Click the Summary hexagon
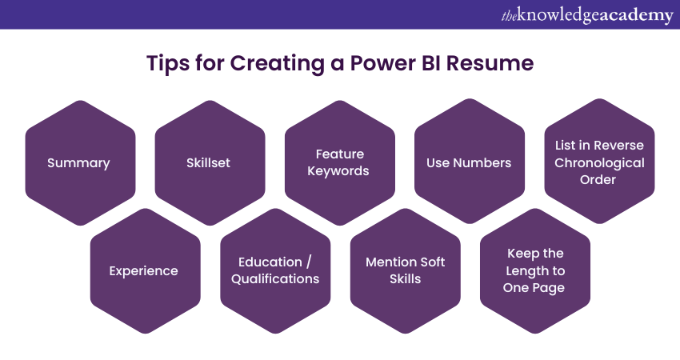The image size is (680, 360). [x=78, y=162]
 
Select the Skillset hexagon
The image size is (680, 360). [x=208, y=162]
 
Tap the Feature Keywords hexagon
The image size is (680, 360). [x=339, y=162]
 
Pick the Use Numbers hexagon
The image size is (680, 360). [x=469, y=162]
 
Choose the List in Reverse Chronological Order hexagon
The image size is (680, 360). [x=599, y=162]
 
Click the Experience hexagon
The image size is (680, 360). [x=143, y=270]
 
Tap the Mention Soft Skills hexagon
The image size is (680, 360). [x=405, y=270]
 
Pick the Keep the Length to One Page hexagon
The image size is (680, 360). [x=534, y=270]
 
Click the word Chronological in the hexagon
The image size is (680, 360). [x=599, y=163]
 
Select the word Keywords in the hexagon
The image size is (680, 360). [x=339, y=170]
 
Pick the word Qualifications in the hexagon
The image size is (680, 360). [x=275, y=279]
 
